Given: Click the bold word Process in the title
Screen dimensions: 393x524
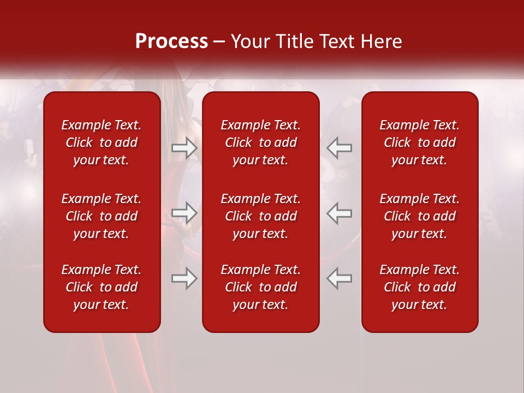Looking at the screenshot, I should [x=171, y=41].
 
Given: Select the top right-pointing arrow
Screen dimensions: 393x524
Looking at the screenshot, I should [x=184, y=148].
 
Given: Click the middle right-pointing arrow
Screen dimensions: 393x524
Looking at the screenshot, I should [x=184, y=213].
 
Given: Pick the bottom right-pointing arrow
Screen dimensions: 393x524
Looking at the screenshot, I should [x=184, y=278].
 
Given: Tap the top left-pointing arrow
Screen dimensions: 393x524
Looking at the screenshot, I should [x=339, y=148].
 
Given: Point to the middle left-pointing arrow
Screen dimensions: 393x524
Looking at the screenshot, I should [x=339, y=213].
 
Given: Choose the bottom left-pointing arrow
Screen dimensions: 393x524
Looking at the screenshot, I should [x=339, y=278].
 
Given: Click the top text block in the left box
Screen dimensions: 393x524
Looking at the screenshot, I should [x=102, y=142].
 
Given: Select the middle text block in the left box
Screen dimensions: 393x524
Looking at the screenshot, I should [x=102, y=216].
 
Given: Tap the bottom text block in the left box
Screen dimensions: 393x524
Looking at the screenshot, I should [x=102, y=287].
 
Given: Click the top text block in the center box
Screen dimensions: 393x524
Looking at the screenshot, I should [x=260, y=142].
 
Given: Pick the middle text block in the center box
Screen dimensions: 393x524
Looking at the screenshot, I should [x=260, y=216].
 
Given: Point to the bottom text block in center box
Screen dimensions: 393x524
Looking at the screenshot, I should [x=260, y=287].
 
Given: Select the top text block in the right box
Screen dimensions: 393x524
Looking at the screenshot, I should [x=419, y=142].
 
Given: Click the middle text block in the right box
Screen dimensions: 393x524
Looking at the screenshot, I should [x=419, y=216].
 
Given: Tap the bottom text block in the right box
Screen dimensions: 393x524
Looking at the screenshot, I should [x=419, y=287].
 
